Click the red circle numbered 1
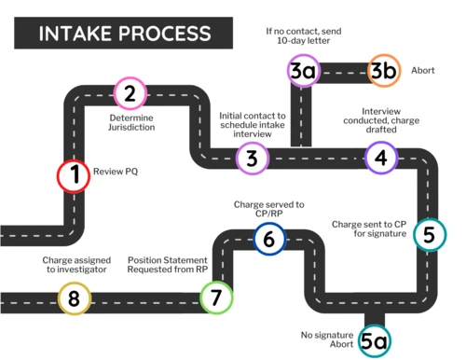point(73,175)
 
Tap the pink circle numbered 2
point(130,93)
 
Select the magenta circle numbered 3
point(252,159)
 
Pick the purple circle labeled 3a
point(302,71)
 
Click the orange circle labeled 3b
point(383,71)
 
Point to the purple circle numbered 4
point(380,158)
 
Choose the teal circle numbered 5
point(429,234)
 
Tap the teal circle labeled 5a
point(373,341)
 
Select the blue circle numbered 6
point(268,240)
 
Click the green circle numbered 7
point(215,298)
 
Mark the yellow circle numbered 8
point(74,298)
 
